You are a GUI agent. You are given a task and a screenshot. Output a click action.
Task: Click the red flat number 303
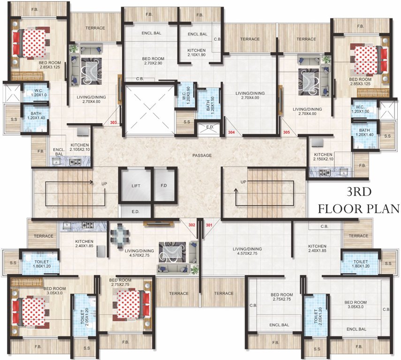click(113, 123)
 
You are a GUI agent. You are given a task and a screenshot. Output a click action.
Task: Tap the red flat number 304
click(231, 133)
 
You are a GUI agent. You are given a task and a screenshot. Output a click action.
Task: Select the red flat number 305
click(287, 133)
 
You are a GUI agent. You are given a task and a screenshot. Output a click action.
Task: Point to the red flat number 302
click(191, 225)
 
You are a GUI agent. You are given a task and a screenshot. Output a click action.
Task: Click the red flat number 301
click(209, 225)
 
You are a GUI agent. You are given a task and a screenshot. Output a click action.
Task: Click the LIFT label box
click(135, 186)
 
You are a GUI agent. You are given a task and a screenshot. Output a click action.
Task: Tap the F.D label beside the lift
click(164, 186)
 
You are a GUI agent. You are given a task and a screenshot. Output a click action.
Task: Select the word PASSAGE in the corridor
click(202, 155)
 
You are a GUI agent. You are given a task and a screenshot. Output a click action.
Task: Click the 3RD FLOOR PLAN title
click(359, 200)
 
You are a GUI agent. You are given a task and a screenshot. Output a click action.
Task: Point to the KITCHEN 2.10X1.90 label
click(197, 52)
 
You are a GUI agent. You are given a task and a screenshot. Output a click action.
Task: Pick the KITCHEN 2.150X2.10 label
click(323, 157)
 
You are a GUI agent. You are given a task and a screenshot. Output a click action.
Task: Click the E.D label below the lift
click(136, 212)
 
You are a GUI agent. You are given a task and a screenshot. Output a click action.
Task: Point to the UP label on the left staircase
click(104, 184)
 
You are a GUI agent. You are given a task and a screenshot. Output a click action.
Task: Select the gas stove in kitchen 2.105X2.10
click(75, 162)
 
